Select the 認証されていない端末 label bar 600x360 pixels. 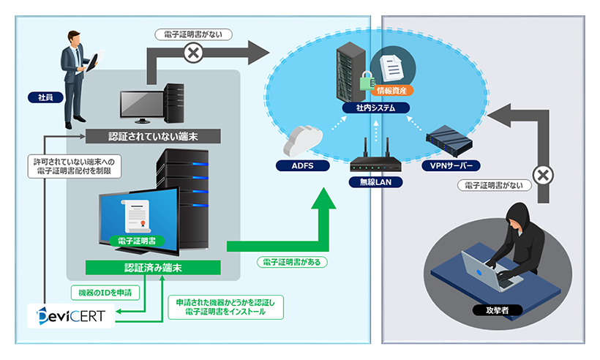[153, 136]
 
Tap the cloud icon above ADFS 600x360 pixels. [301, 139]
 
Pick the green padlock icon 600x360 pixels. [366, 79]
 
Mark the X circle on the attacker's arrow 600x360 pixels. [541, 176]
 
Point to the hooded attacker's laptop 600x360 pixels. [492, 269]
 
